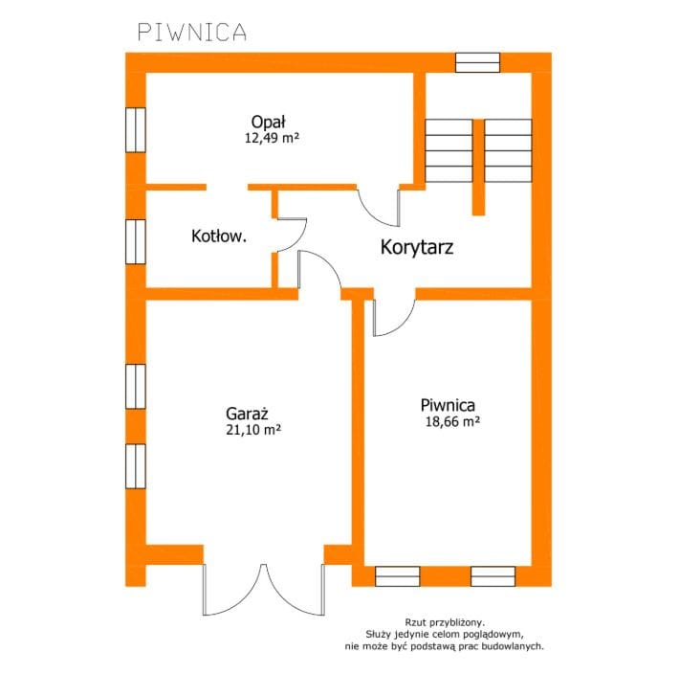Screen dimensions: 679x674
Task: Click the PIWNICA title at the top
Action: coord(192,33)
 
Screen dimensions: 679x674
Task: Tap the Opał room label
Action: coord(269,122)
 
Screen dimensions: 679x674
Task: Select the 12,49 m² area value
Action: coord(272,138)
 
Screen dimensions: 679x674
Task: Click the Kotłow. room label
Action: coord(219,236)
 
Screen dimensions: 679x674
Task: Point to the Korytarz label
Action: coord(417,247)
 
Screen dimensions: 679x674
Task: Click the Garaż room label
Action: coord(248,414)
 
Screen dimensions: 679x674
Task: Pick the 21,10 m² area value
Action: coord(253,430)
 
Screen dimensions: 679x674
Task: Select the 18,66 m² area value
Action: coord(452,422)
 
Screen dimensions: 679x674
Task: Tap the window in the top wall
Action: coord(477,62)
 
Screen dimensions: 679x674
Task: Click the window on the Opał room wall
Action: coord(136,130)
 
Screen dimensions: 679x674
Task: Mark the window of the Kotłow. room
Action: coord(136,241)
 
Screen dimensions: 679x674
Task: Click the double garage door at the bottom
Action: coord(263,590)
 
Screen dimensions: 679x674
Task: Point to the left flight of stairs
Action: coord(449,150)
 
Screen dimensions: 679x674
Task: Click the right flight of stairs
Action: coord(508,150)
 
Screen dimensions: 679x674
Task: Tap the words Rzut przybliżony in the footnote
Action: coord(445,623)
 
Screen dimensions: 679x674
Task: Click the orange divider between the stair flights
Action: coord(478,167)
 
